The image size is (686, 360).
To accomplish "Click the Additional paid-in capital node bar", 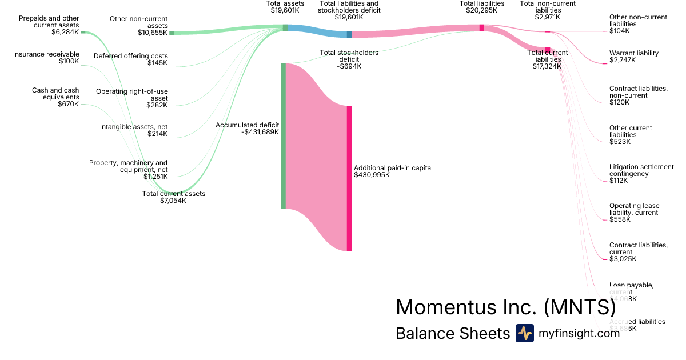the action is click(349, 178).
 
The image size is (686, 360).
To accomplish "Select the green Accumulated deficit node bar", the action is click(283, 135).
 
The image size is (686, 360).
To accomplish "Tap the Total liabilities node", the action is click(482, 27).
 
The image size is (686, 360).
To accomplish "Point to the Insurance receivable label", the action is click(46, 54).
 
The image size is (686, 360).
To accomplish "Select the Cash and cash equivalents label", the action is click(55, 94).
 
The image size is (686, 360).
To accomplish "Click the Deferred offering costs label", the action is click(130, 56).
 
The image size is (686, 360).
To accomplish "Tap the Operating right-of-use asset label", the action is click(132, 95).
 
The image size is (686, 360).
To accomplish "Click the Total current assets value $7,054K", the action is click(173, 201).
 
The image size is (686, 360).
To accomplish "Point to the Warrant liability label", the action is click(634, 53).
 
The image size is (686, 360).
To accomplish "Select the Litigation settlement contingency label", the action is click(641, 170).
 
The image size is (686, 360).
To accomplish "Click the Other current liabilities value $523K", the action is click(620, 142).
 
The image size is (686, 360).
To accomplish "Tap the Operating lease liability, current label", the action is click(634, 209).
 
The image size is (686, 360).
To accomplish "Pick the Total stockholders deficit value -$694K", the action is click(349, 66).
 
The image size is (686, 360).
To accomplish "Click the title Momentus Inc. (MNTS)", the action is click(505, 307).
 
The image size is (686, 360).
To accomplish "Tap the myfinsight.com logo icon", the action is click(524, 333).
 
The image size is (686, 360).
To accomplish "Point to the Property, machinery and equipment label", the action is click(128, 166).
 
